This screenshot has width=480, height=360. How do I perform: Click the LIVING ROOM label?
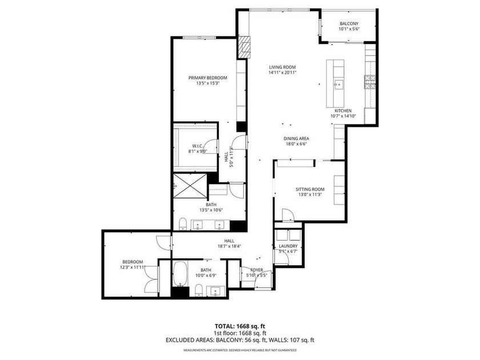(283, 67)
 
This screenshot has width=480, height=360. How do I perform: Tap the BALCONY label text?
(348, 23)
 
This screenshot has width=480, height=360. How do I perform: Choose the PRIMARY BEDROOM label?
(208, 78)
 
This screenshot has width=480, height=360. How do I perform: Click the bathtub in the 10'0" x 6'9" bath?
(179, 274)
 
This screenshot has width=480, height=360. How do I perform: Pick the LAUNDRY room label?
(289, 246)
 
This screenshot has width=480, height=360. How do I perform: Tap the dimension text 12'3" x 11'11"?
(131, 267)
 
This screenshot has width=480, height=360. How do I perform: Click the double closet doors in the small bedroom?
(151, 280)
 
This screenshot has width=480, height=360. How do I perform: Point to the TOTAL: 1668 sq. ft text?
(239, 324)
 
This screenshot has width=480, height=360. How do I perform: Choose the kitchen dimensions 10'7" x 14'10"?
(343, 116)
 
